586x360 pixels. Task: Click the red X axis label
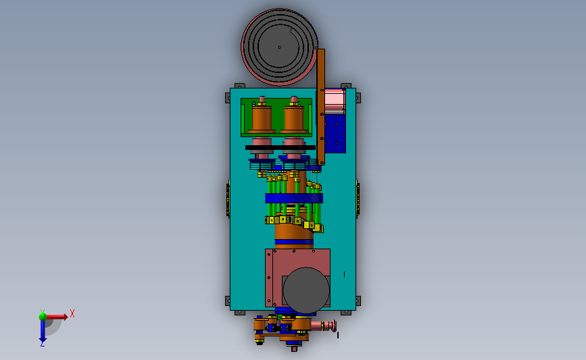[72, 313]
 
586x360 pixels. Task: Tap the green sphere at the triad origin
[43, 317]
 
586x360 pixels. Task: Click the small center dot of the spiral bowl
[280, 47]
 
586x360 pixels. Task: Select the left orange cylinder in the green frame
[262, 118]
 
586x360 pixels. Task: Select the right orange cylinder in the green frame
[294, 118]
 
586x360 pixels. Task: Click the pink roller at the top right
[335, 101]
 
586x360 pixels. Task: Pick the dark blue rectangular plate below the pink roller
[335, 133]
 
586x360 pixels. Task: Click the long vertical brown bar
[320, 107]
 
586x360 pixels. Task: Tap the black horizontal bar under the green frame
[280, 147]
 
